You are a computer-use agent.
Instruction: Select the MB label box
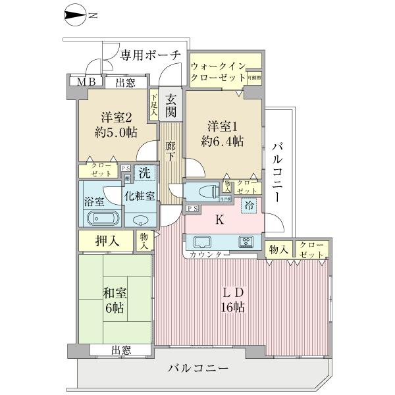tap(86, 82)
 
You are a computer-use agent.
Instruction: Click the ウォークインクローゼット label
tap(217, 72)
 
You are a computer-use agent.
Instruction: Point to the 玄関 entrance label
tap(171, 105)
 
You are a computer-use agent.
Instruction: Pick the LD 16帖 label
tap(234, 298)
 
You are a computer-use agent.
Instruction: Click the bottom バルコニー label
tap(197, 367)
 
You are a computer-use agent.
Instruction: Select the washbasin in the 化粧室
tap(140, 220)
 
